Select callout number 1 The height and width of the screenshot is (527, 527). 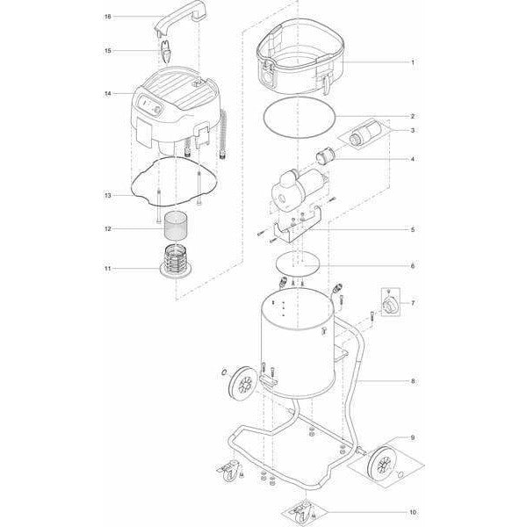tap(412, 63)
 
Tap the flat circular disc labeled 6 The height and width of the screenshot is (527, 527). tap(295, 263)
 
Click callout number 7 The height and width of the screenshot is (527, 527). tap(412, 303)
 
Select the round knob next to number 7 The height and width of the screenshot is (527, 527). tap(391, 302)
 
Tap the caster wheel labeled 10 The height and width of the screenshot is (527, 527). tap(303, 507)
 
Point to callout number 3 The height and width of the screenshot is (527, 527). tap(412, 131)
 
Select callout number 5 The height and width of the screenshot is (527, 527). tap(412, 230)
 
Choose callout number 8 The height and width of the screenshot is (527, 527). tap(412, 382)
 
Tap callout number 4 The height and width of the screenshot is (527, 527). tap(412, 159)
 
